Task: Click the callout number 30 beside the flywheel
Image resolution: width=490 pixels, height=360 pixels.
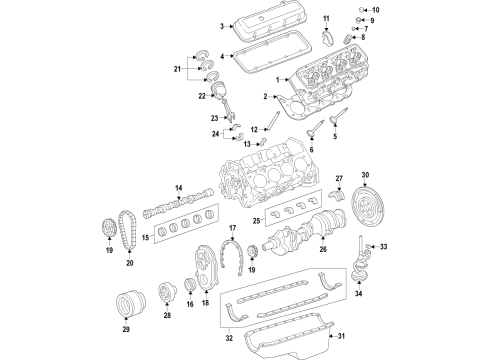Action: point(365,175)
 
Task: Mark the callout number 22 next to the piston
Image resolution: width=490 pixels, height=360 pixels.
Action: point(203,96)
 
